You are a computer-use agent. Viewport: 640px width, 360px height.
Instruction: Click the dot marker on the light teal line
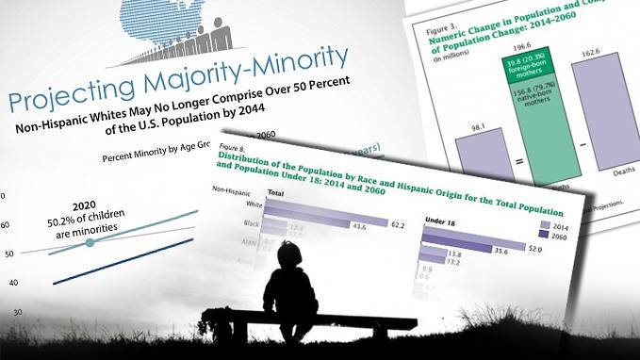(x=90, y=243)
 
